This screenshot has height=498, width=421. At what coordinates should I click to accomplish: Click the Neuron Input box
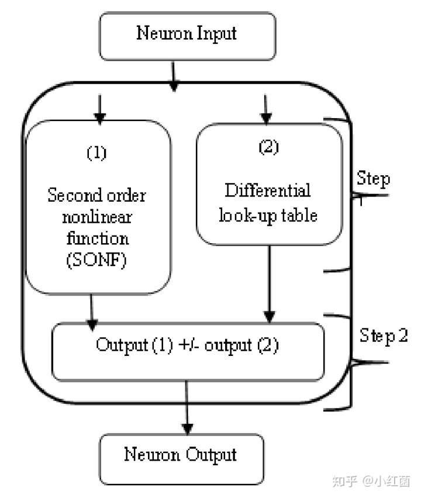click(187, 36)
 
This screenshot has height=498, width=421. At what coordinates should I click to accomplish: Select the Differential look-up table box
click(268, 184)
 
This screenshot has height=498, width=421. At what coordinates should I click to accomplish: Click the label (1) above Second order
click(97, 154)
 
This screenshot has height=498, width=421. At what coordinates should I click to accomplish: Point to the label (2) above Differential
click(268, 147)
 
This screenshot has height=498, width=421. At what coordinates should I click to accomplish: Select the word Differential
click(268, 191)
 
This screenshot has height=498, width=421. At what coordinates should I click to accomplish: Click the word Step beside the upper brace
click(373, 179)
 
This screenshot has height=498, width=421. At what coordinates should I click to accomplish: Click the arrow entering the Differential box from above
click(266, 108)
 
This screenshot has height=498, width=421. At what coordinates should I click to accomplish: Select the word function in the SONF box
click(98, 239)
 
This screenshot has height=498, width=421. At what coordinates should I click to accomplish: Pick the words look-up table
click(268, 215)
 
